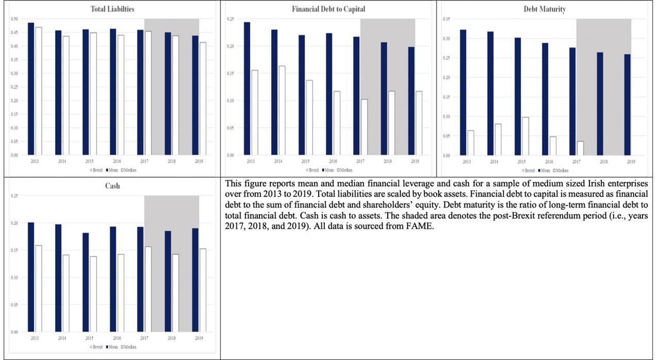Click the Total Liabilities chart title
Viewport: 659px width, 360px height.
pos(110,9)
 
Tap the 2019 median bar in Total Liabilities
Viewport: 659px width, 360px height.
pos(203,98)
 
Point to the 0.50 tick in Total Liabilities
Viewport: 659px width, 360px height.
pos(14,19)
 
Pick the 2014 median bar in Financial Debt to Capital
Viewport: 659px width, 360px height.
pos(282,110)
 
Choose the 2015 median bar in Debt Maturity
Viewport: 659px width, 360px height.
pos(525,136)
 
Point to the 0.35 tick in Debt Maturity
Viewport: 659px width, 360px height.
pos(446,19)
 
